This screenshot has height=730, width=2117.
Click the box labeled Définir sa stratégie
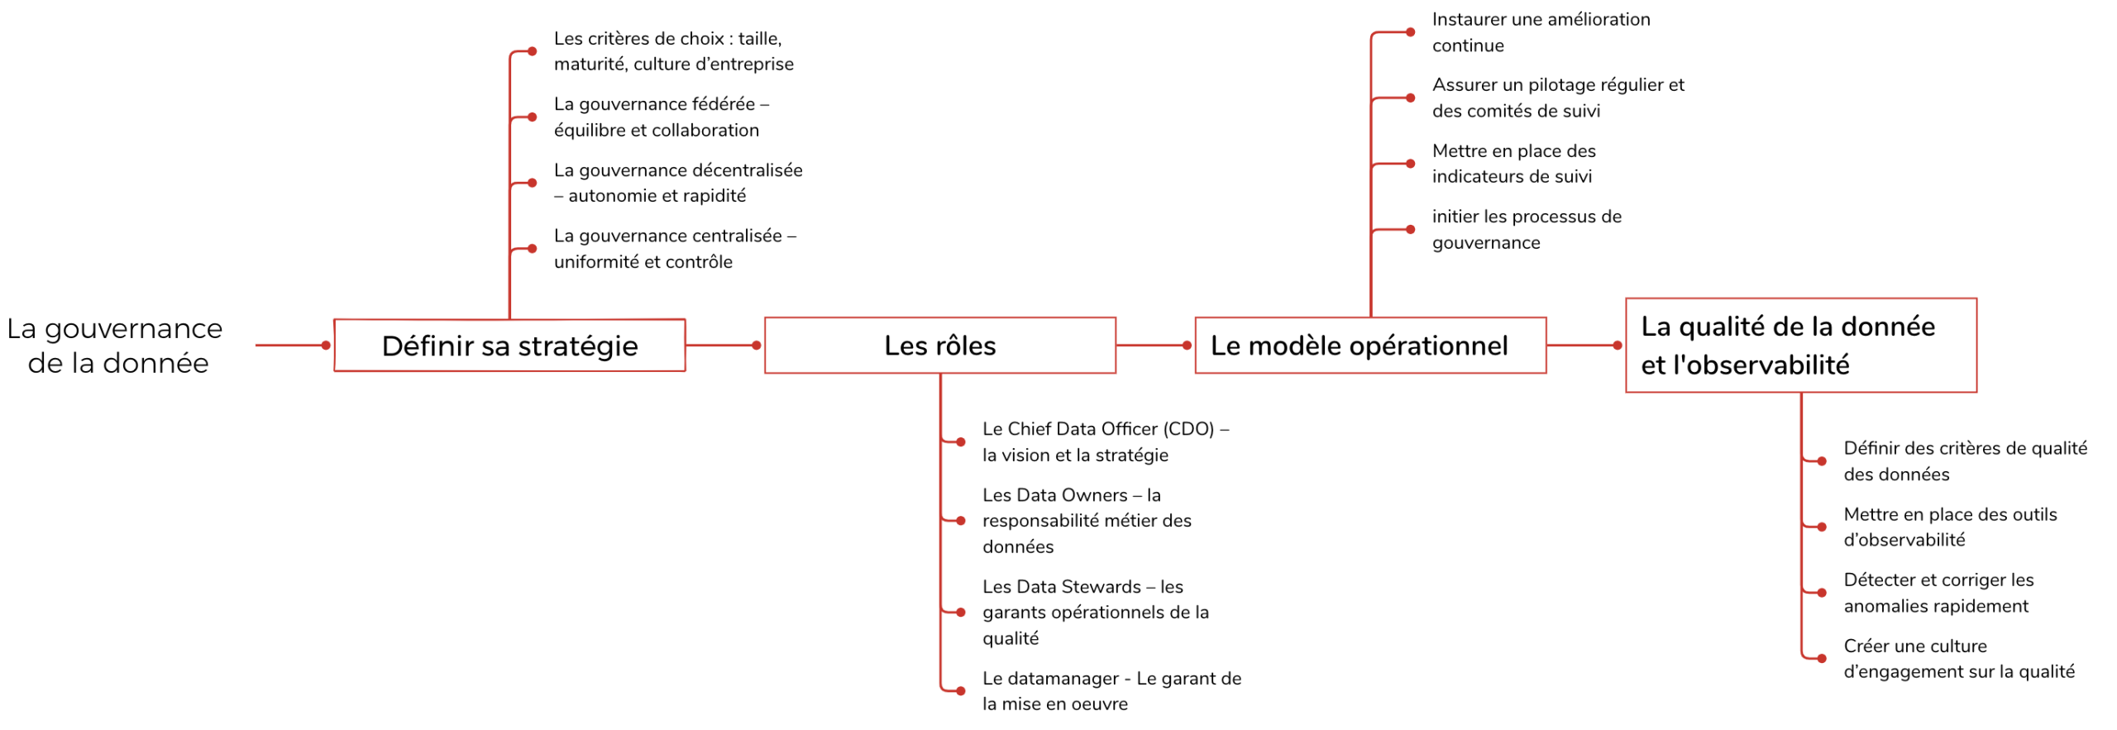tap(509, 345)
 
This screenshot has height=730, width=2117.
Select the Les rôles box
tap(939, 345)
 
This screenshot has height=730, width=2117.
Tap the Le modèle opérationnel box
tap(1370, 345)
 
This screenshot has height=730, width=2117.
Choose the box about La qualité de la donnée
tap(1800, 345)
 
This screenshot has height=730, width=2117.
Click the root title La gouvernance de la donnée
tap(116, 345)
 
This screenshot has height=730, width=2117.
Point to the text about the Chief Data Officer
tap(1105, 441)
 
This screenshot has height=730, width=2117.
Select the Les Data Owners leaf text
tap(1087, 520)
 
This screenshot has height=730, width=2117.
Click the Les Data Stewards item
tap(1095, 612)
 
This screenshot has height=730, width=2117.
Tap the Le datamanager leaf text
tap(1111, 690)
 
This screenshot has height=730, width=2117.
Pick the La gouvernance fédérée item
tap(662, 117)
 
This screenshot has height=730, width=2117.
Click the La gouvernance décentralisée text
tap(678, 183)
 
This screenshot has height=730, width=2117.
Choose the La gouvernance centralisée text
tap(675, 248)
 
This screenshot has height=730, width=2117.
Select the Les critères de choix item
tap(673, 51)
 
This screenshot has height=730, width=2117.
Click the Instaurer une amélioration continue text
tap(1541, 32)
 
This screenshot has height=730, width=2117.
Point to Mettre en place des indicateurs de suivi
tap(1513, 163)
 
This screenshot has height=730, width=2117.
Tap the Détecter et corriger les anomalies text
tap(1938, 592)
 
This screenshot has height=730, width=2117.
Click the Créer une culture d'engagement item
tap(1958, 658)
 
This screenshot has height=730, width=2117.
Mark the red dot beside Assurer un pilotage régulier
tap(1410, 98)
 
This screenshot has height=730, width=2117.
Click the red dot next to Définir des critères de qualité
tap(1821, 460)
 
